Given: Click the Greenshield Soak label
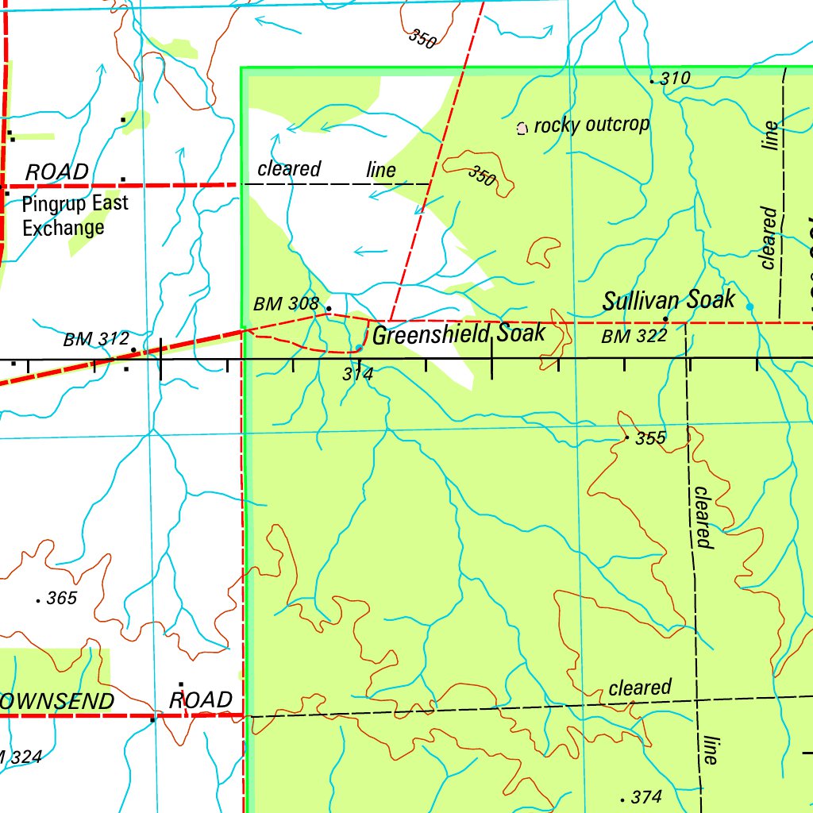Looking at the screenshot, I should pos(459,334).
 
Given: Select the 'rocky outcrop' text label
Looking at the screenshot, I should pos(591,125).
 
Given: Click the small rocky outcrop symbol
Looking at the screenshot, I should pos(522,128).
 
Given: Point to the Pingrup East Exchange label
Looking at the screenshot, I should pos(75,216).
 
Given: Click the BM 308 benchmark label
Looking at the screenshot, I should pos(286,304).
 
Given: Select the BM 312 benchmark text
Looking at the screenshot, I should pos(96,340).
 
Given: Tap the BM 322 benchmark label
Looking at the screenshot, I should pos(634,337).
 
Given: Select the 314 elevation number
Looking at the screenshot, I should pos(357,374).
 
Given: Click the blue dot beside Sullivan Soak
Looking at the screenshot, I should pos(749,306).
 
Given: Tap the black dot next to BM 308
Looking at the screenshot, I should pos(329,307).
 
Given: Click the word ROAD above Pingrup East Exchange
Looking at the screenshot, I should pos(57,172).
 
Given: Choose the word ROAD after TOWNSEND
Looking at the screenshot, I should pos(201,700).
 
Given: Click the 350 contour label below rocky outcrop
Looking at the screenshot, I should pos(481,176).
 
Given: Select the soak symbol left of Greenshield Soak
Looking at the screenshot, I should pos(360,348).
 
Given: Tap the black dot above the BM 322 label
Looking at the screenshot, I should pos(665,320).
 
